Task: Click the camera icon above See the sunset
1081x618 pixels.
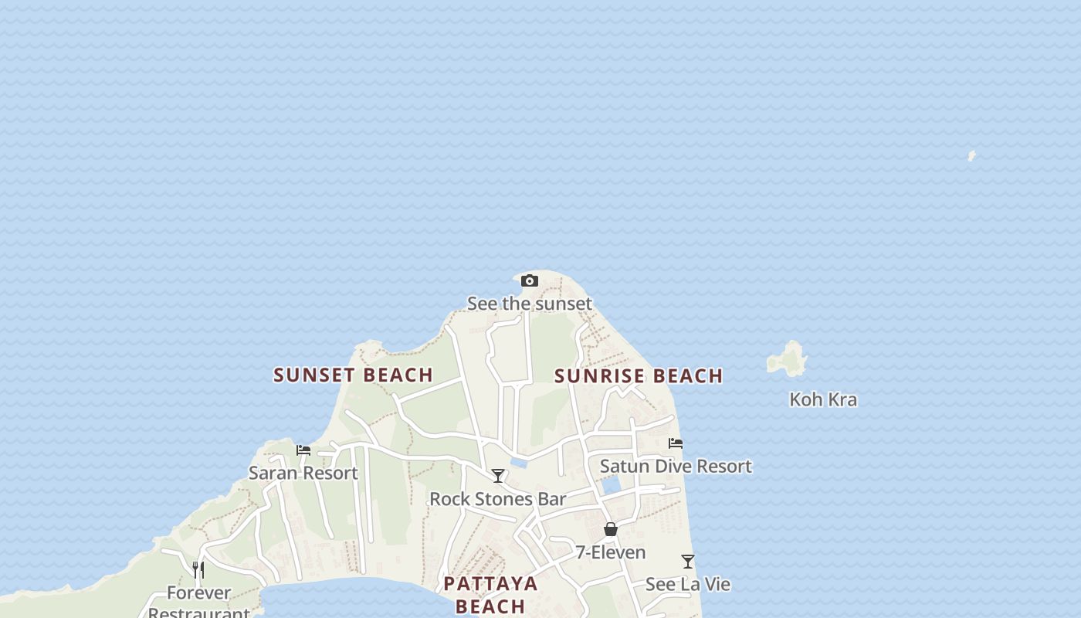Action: tap(529, 280)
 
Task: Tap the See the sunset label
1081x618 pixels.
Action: tap(530, 304)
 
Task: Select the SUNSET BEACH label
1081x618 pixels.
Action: tap(353, 375)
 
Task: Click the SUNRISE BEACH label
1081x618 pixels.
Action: tap(639, 376)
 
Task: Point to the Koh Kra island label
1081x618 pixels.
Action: tap(822, 399)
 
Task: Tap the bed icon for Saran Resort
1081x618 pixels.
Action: tap(303, 450)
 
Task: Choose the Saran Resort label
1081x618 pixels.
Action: tap(303, 473)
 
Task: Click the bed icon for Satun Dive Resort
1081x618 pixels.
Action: tap(676, 443)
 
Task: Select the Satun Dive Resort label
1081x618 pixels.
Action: tap(676, 467)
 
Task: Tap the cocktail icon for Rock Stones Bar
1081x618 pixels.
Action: tap(498, 476)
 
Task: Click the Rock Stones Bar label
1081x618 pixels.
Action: tap(498, 499)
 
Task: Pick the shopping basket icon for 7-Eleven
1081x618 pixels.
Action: tap(611, 529)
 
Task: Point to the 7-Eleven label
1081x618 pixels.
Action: tap(610, 552)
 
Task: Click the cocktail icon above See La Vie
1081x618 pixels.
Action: tap(688, 562)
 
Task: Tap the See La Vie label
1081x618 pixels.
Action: tap(687, 584)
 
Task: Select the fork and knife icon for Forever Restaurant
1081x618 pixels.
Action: tap(198, 570)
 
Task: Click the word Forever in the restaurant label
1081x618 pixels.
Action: tap(198, 593)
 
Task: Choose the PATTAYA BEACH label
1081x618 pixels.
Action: tap(490, 594)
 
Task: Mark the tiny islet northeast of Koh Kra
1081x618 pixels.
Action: tap(971, 156)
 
